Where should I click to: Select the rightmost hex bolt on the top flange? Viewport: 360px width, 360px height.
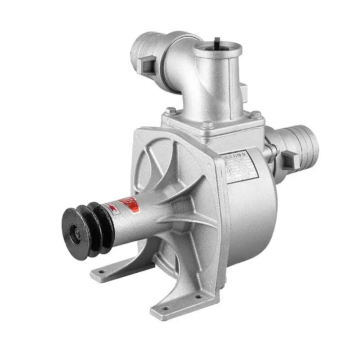(x=256, y=115)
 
